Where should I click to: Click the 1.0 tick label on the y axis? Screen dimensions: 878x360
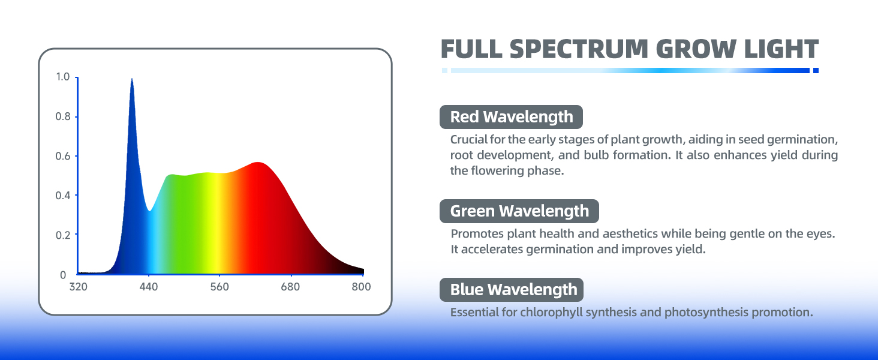(x=63, y=77)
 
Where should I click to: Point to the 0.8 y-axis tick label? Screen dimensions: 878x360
(x=63, y=116)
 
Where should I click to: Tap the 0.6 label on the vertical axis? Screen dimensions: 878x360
(x=63, y=156)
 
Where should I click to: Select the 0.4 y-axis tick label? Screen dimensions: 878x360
(x=63, y=195)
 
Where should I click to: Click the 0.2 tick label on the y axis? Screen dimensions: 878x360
(x=63, y=235)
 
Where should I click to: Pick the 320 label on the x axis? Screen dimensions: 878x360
(x=79, y=287)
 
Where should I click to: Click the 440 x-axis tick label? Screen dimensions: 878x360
(x=149, y=287)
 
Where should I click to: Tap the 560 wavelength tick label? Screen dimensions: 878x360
(x=220, y=287)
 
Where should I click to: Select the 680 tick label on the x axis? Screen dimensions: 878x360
(x=290, y=287)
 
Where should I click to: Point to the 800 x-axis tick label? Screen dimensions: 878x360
(x=361, y=287)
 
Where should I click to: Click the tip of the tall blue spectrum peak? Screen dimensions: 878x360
(x=132, y=79)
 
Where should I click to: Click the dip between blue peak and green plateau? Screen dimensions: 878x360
(x=149, y=211)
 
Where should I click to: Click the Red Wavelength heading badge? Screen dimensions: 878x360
(x=511, y=117)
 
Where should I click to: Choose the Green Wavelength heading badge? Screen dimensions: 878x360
(x=519, y=211)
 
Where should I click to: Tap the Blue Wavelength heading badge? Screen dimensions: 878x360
(x=512, y=290)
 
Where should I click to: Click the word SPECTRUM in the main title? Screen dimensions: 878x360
(x=579, y=49)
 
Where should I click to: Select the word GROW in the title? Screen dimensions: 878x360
(x=696, y=49)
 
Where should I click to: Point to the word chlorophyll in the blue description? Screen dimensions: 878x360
(x=544, y=313)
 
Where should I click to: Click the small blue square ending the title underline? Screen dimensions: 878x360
(x=816, y=71)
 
